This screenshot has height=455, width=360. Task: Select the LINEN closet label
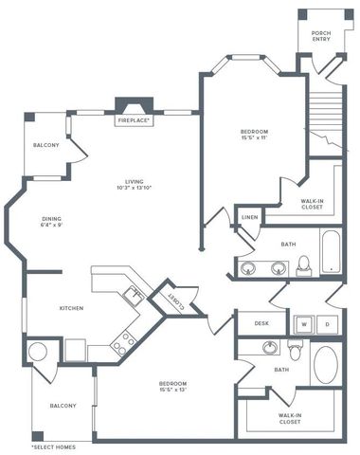[x=249, y=218]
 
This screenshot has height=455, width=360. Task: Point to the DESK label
[x=262, y=323]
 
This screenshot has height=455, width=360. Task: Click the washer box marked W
[x=305, y=323]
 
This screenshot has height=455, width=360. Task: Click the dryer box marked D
[x=327, y=323]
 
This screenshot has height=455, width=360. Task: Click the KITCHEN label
[x=74, y=308]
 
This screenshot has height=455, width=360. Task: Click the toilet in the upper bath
[x=304, y=264]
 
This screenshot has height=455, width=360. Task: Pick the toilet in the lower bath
[x=295, y=353]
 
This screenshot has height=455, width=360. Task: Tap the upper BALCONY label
[x=46, y=145]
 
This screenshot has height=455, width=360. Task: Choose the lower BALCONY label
[x=63, y=406]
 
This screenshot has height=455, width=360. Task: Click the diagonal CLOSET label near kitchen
[x=176, y=299]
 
